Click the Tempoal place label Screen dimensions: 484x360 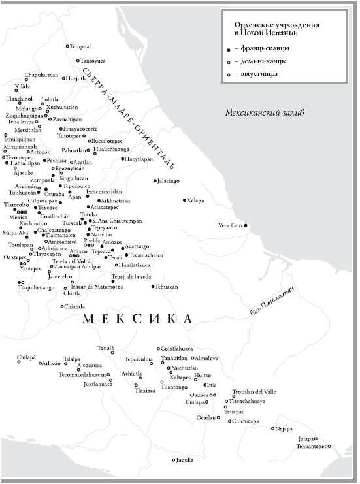[x=81, y=46]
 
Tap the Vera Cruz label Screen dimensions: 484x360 [x=230, y=225]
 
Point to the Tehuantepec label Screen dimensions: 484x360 [x=312, y=447]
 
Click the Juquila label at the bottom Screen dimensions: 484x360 [x=186, y=460]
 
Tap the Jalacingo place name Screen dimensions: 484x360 [x=168, y=180]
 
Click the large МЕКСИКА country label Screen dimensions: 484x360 [x=138, y=319]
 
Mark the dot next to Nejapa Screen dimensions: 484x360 [x=272, y=428]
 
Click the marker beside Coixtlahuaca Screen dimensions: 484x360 [x=157, y=349]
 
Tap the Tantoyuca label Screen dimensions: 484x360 [x=93, y=61]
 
